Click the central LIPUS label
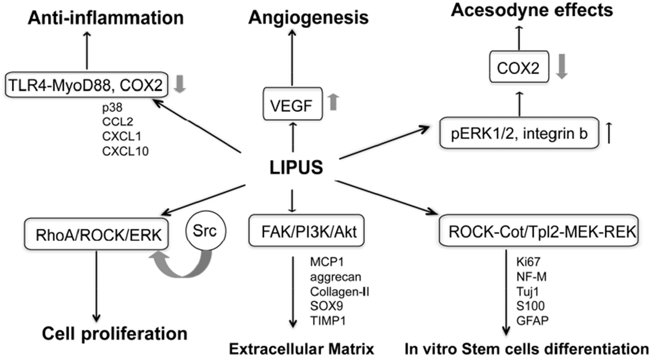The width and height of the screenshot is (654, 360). point(296,167)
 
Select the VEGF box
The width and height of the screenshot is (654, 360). point(292,104)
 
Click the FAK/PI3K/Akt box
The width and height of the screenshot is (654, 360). point(306,230)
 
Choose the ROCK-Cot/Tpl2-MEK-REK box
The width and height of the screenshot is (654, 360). point(539,230)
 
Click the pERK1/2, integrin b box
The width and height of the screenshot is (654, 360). point(519,133)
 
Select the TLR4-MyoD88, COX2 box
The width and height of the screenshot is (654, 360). point(86,84)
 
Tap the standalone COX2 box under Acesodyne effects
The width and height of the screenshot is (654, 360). point(518,68)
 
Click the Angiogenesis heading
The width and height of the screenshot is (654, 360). point(308,18)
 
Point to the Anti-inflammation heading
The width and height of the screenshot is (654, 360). point(106,18)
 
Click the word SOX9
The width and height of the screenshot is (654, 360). point(326,306)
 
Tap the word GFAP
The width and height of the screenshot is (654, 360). point(532,320)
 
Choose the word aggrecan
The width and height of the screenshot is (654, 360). point(335,277)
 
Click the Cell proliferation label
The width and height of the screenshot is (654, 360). point(115,334)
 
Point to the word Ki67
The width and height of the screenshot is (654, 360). point(528,262)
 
